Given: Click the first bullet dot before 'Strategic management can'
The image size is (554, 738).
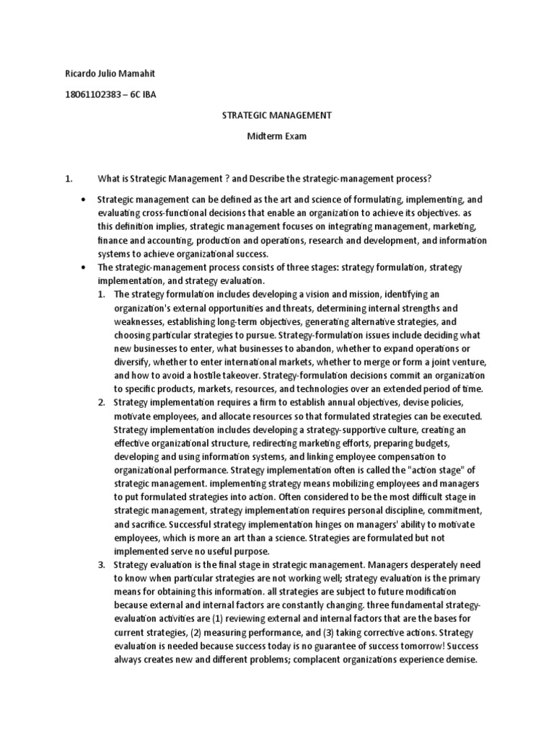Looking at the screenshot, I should click(84, 198).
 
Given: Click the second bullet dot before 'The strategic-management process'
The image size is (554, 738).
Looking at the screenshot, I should click(84, 267).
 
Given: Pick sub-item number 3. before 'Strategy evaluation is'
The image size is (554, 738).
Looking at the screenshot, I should click(102, 564).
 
